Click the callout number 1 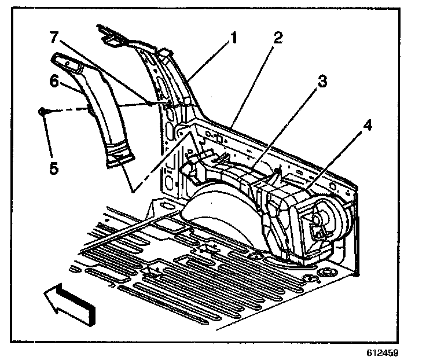pyautogui.click(x=234, y=39)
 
